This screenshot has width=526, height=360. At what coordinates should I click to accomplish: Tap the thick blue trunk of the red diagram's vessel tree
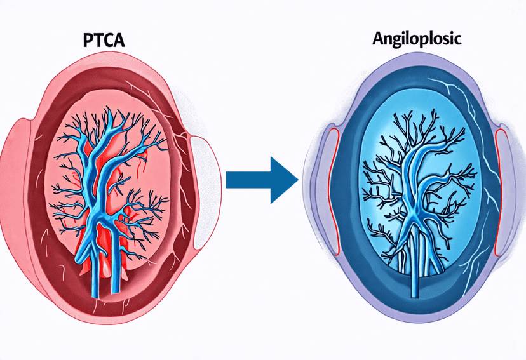point(102,190)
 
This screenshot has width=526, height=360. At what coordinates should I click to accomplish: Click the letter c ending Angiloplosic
point(457,38)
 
